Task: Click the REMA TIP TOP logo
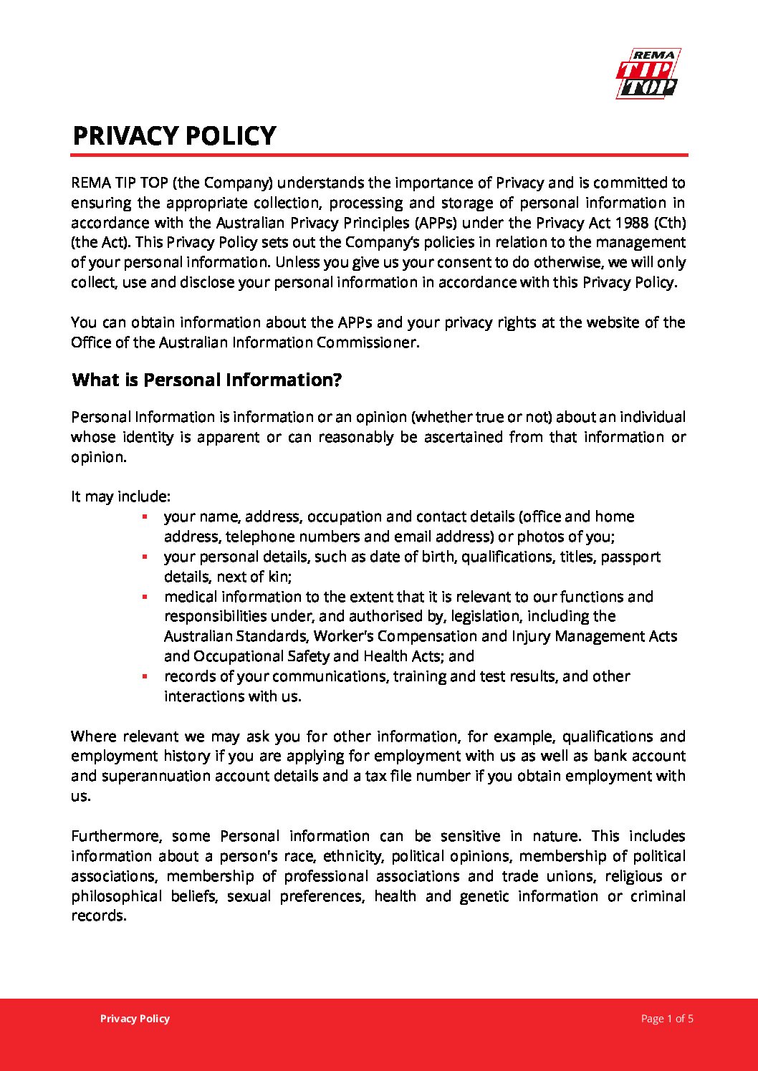[x=648, y=73]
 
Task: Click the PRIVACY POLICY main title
[x=174, y=136]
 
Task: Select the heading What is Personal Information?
[x=207, y=380]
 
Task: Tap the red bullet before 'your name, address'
[x=145, y=517]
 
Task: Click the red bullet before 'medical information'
[x=145, y=597]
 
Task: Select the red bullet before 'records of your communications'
[x=145, y=676]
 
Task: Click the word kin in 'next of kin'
[x=279, y=577]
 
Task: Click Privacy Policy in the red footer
[x=135, y=1019]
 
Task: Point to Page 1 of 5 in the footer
[x=667, y=1019]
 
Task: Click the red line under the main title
[x=379, y=155]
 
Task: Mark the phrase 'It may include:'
[x=120, y=496]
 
